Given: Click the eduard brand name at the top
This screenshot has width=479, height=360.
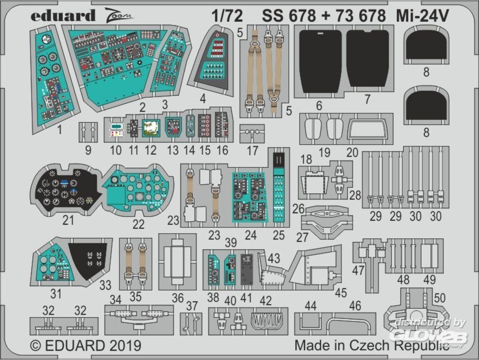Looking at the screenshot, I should click(63, 15).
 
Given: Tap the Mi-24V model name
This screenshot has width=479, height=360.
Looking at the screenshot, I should click(422, 16).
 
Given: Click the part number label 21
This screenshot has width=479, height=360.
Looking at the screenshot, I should click(68, 220).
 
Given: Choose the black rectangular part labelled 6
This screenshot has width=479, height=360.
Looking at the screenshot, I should click(320, 62).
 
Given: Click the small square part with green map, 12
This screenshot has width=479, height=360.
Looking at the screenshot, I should click(150, 127).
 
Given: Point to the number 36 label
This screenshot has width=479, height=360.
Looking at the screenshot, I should click(178, 298).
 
